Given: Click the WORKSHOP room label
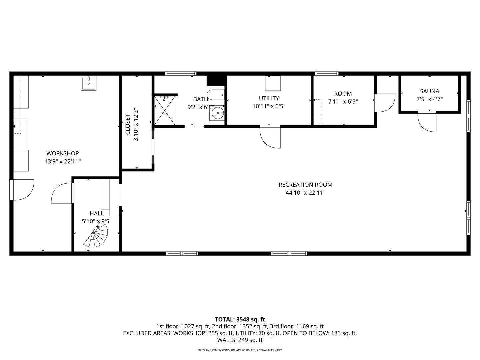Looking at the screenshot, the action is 63,153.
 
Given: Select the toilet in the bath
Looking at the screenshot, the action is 216,95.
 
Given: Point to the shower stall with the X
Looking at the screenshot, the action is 165,110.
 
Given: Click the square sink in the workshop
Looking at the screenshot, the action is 89,83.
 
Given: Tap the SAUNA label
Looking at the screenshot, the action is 429,91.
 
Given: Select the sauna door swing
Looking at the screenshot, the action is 427,122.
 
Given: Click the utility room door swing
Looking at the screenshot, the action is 270,137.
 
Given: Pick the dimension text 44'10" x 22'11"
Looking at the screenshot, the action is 305,193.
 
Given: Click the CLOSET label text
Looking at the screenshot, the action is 128,124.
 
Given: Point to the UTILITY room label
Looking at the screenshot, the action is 269,98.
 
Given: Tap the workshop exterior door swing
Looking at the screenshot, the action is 22,190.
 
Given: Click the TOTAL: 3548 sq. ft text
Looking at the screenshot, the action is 240,319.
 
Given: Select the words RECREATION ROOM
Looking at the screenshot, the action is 305,185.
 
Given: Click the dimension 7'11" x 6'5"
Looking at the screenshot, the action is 343,102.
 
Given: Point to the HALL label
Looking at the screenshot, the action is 97,213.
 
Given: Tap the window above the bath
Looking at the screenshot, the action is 181,73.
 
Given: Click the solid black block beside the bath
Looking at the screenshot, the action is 216,80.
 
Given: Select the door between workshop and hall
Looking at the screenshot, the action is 63,193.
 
